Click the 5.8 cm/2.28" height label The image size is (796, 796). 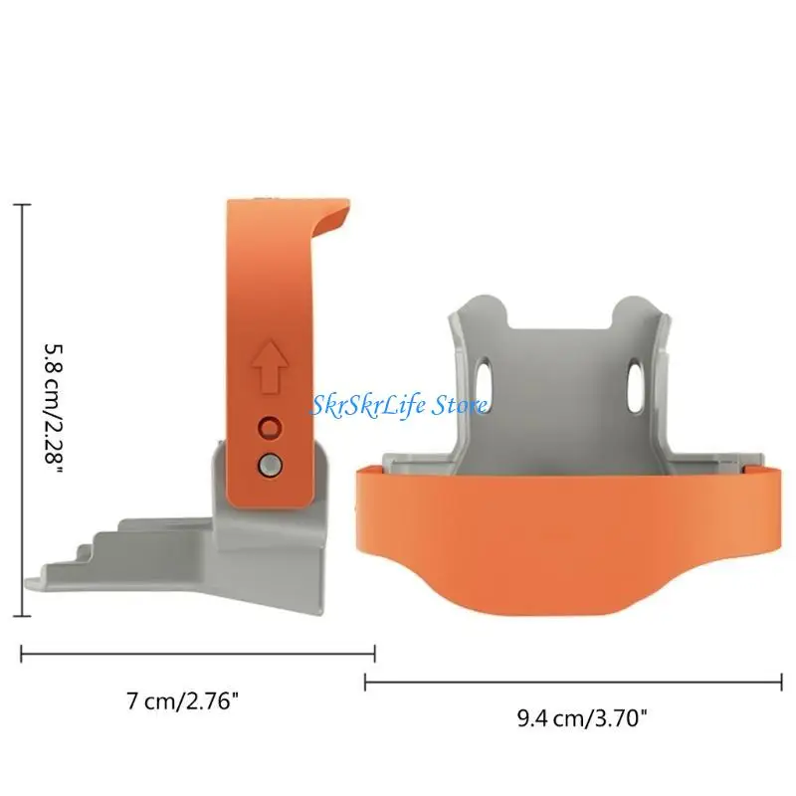pyautogui.click(x=53, y=409)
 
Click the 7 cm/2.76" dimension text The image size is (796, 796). pyautogui.click(x=182, y=701)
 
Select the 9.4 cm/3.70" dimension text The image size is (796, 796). pyautogui.click(x=582, y=717)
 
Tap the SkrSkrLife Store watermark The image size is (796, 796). pyautogui.click(x=400, y=405)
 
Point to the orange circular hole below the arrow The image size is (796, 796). pyautogui.click(x=269, y=428)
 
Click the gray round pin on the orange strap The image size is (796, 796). pyautogui.click(x=270, y=465)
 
